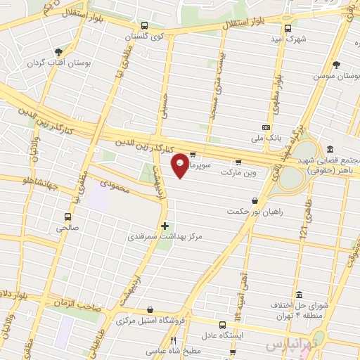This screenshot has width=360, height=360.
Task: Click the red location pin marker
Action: tap(181, 165)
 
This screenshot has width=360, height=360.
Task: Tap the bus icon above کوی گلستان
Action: tap(144, 25)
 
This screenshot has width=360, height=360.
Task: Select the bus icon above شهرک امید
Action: tap(287, 28)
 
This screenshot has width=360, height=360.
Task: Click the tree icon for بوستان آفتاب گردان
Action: tap(58, 51)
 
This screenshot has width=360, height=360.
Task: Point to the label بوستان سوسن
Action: tap(333, 75)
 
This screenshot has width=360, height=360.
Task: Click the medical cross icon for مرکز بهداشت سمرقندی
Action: tap(165, 226)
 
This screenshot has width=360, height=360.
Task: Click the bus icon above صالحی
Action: tap(67, 217)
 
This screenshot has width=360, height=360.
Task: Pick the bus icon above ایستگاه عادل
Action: tap(222, 325)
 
